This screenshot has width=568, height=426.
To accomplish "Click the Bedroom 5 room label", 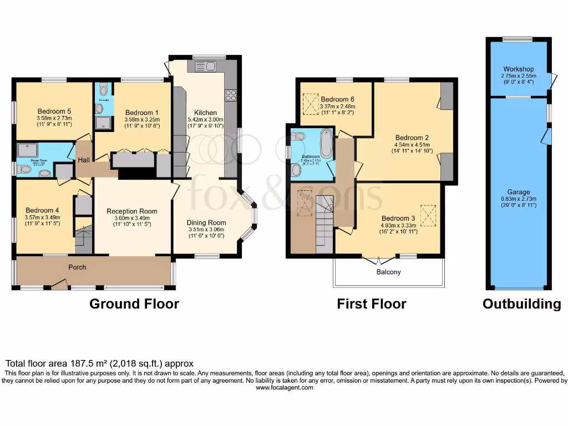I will click(54, 110).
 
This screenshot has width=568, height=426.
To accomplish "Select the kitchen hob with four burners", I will click(230, 94).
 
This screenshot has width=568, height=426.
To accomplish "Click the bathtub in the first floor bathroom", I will click(327, 144).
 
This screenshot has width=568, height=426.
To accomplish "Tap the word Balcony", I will click(388, 272).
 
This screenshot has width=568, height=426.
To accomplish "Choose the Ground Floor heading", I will click(134, 304).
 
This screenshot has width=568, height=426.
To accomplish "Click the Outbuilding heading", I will click(521, 304).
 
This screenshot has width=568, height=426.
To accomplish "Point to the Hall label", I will click(84, 160).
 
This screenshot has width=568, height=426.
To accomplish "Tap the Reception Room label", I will click(132, 211).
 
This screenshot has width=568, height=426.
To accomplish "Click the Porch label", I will click(77, 267).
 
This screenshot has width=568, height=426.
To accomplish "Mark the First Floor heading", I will click(372, 304).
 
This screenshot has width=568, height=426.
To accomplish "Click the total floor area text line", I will click(100, 363).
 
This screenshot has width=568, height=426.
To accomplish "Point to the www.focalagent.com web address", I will click(284, 388).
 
